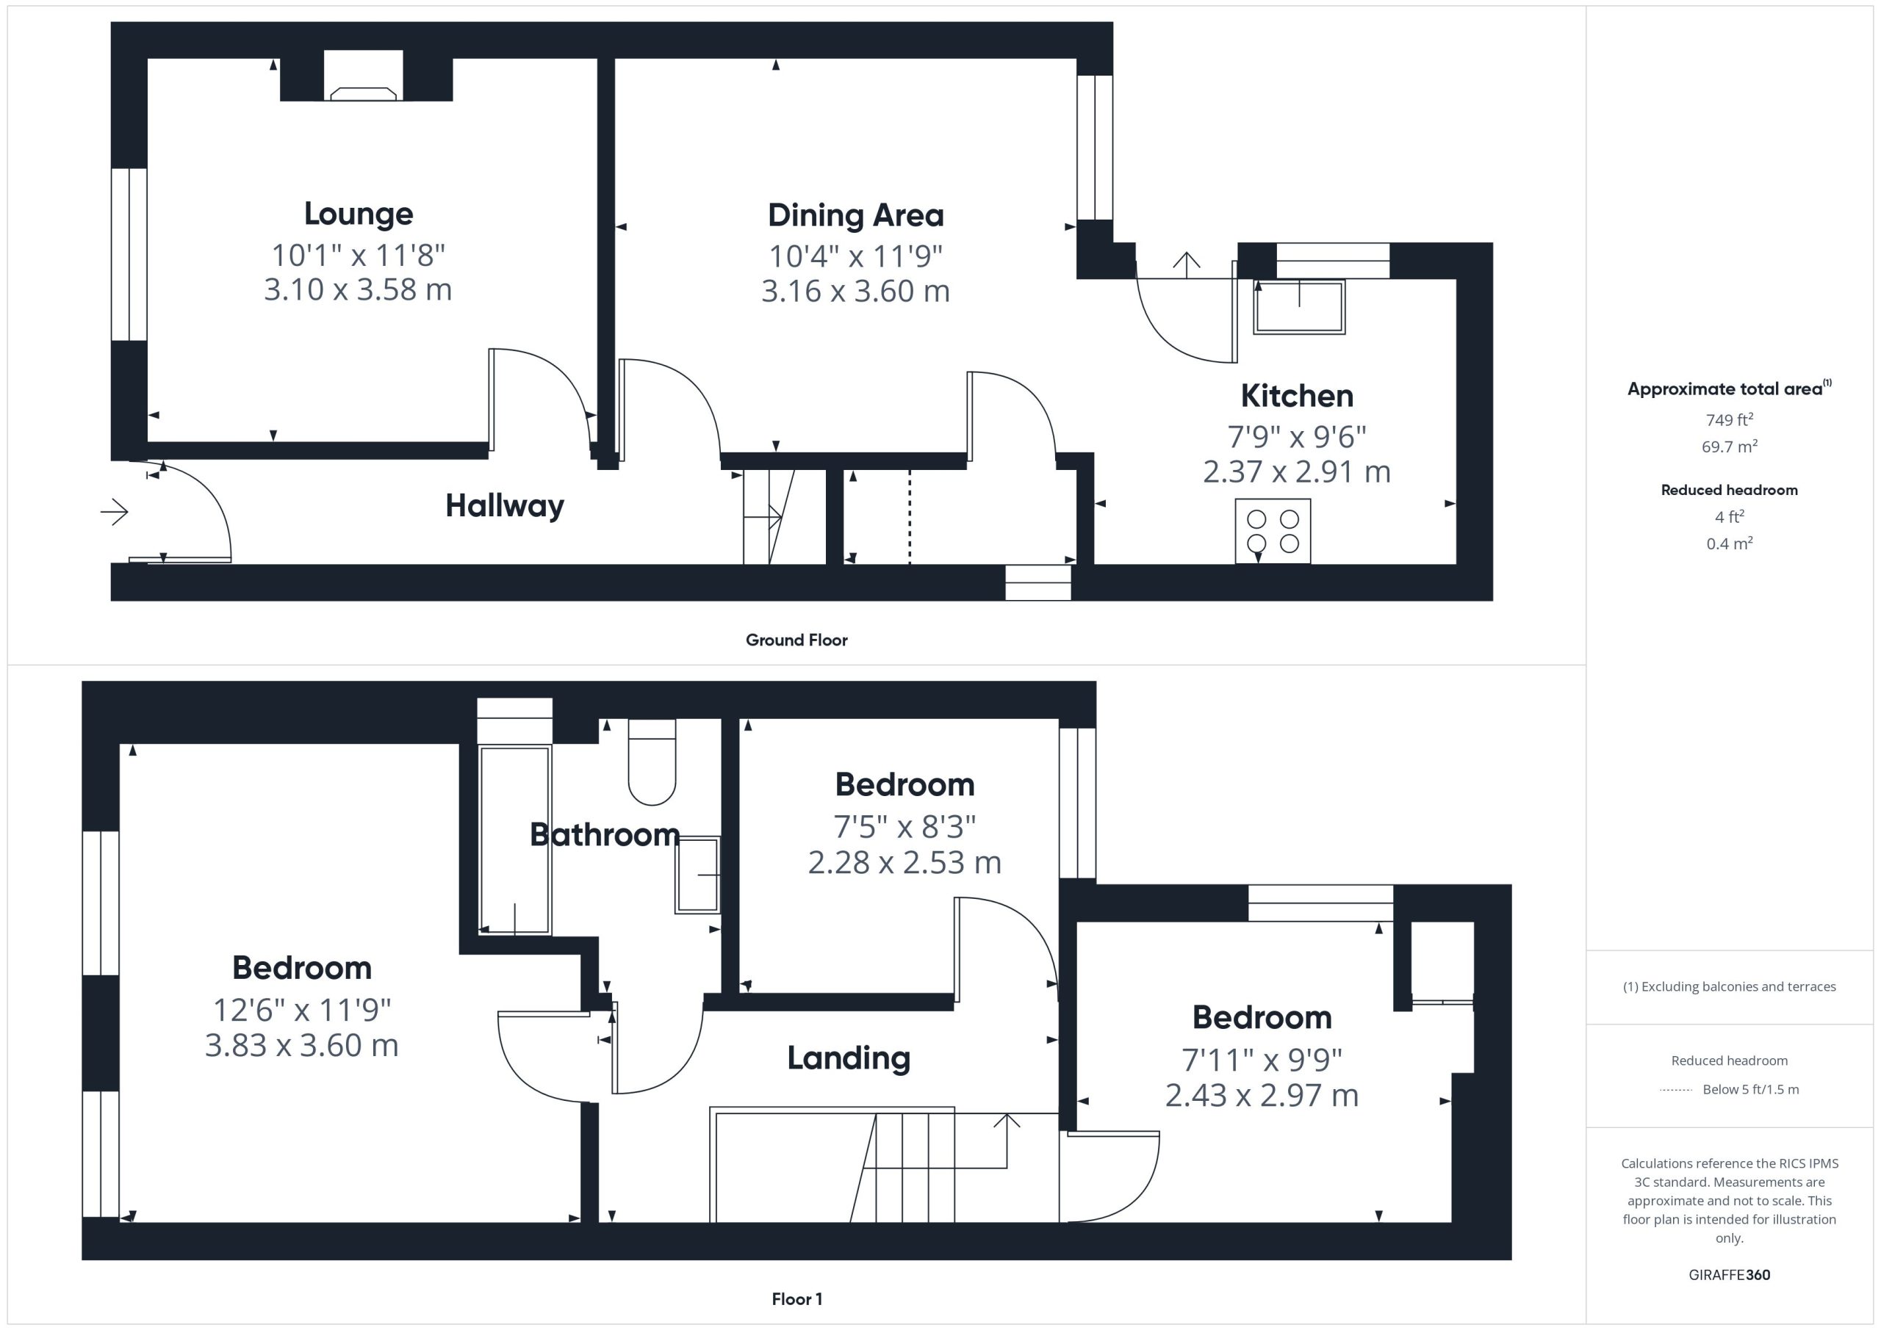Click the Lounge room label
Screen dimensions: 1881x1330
[x=358, y=214]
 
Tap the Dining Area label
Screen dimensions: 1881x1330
[x=855, y=215]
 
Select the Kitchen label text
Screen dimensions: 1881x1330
[x=1296, y=397]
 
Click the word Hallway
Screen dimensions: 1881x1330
[x=505, y=506]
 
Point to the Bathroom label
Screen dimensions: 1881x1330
[x=605, y=834]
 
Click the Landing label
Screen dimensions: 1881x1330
[x=849, y=1058]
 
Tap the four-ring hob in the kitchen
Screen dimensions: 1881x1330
[x=1273, y=531]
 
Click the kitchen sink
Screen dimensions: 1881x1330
[x=1298, y=307]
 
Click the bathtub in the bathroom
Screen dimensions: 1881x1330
[x=514, y=839]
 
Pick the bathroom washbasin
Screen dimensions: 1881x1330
[x=697, y=875]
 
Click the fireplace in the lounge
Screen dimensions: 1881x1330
[x=363, y=93]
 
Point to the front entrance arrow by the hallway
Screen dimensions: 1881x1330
[x=115, y=513]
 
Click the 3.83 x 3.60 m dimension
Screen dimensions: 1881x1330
[x=301, y=1046]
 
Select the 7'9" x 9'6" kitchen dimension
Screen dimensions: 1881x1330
[x=1296, y=437]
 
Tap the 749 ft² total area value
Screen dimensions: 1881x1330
[x=1729, y=419]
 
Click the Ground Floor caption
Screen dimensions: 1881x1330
[x=796, y=640]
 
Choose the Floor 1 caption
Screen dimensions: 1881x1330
[x=796, y=1299]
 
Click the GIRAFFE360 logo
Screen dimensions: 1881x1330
[x=1729, y=1275]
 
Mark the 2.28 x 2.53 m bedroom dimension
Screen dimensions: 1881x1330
[x=904, y=862]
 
